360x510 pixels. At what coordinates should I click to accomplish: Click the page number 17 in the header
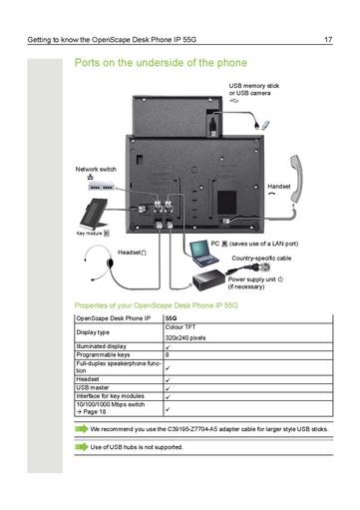[328, 40]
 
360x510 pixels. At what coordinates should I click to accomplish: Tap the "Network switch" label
[96, 170]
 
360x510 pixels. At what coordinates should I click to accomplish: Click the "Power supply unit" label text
[254, 277]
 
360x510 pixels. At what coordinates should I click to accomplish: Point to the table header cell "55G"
[171, 318]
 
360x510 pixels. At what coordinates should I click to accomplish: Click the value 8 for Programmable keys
[168, 354]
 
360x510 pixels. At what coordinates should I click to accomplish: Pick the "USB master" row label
[93, 387]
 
